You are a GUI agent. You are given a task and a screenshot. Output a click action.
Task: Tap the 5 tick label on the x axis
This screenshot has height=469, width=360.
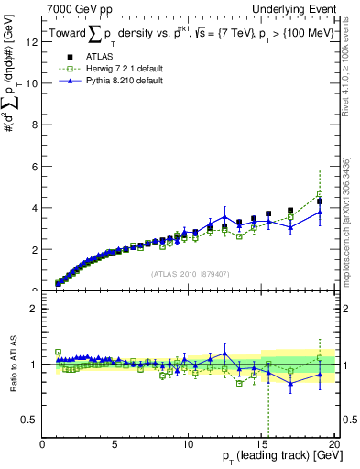pyautogui.click(x=115, y=444)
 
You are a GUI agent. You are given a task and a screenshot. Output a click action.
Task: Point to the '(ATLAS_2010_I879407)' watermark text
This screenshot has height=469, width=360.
pyautogui.click(x=189, y=272)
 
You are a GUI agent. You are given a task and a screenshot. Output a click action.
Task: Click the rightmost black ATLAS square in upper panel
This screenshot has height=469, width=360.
pyautogui.click(x=320, y=202)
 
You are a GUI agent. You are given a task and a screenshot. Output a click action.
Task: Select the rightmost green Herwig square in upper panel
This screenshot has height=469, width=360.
pyautogui.click(x=320, y=194)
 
